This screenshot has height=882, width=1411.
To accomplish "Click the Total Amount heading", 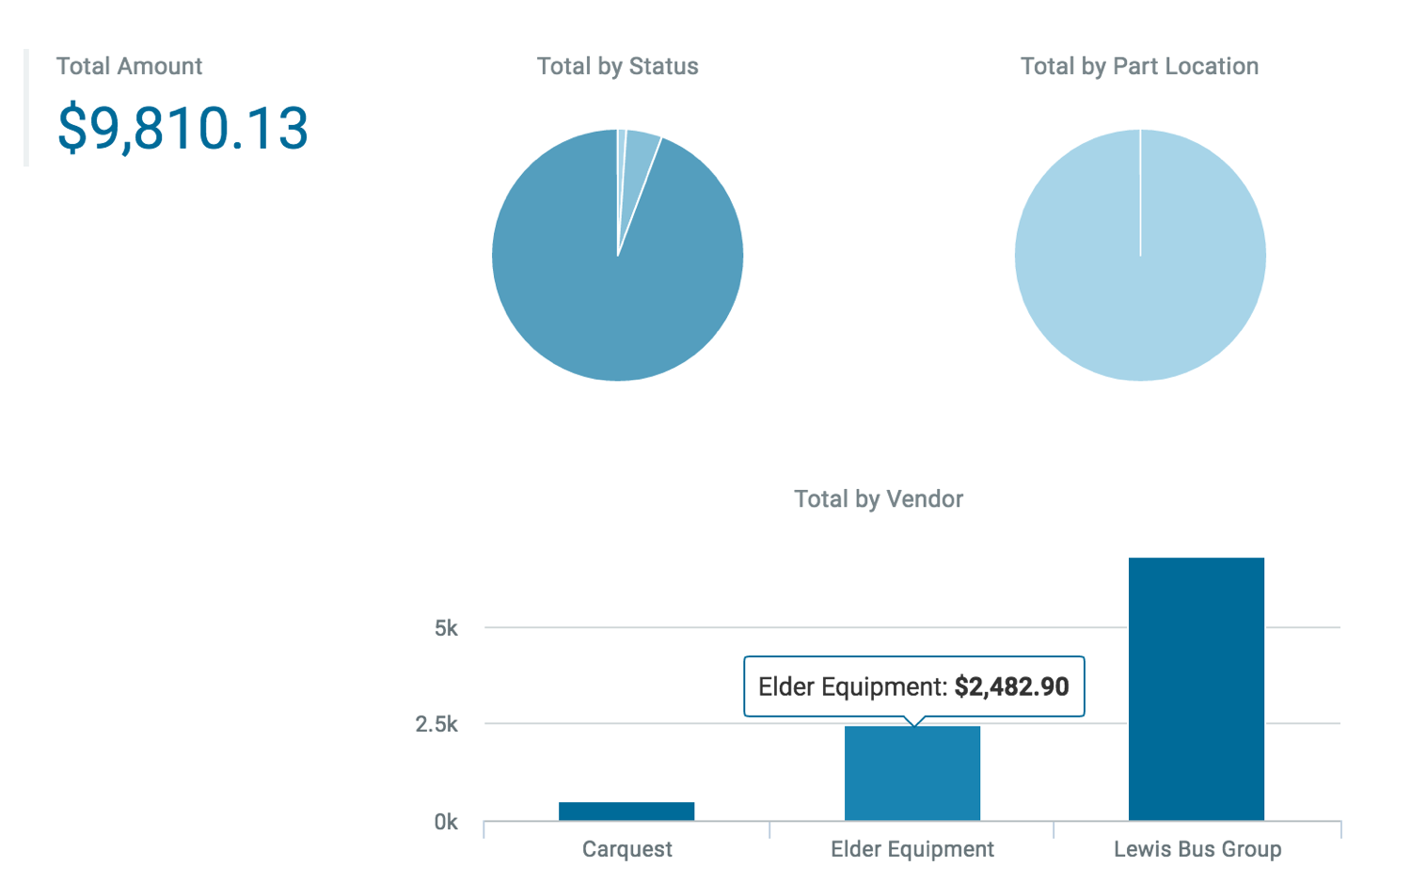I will (x=129, y=66).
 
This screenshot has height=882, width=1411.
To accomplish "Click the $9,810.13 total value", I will (x=182, y=128).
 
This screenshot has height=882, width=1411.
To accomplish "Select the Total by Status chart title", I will (x=617, y=66).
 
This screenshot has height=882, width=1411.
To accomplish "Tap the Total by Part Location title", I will (x=1139, y=66).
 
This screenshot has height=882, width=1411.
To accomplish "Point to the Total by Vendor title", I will (x=879, y=498).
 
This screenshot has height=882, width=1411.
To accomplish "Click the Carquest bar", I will (x=626, y=811).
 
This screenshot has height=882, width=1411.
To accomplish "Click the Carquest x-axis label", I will (x=626, y=849).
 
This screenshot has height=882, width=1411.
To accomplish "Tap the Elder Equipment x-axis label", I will (x=912, y=849).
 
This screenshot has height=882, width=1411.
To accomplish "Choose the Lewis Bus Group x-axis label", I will (x=1197, y=849).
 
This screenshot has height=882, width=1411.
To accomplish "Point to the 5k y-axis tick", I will (x=446, y=627).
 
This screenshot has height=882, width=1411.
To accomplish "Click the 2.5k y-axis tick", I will (x=436, y=724).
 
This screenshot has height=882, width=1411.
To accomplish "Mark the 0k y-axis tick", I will (x=446, y=822).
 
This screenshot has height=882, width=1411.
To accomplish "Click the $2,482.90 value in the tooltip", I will (x=1011, y=686).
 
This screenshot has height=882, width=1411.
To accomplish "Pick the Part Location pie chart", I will (x=1140, y=255).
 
